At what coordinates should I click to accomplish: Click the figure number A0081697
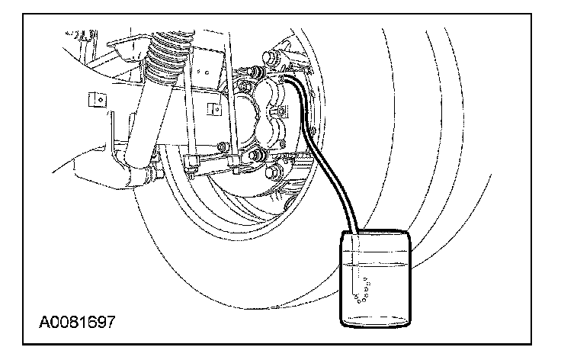pyautogui.click(x=75, y=321)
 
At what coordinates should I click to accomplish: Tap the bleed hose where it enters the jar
pyautogui.click(x=354, y=230)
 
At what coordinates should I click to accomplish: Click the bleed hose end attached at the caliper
pyautogui.click(x=288, y=78)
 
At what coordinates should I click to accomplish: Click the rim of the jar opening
pyautogui.click(x=373, y=233)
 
